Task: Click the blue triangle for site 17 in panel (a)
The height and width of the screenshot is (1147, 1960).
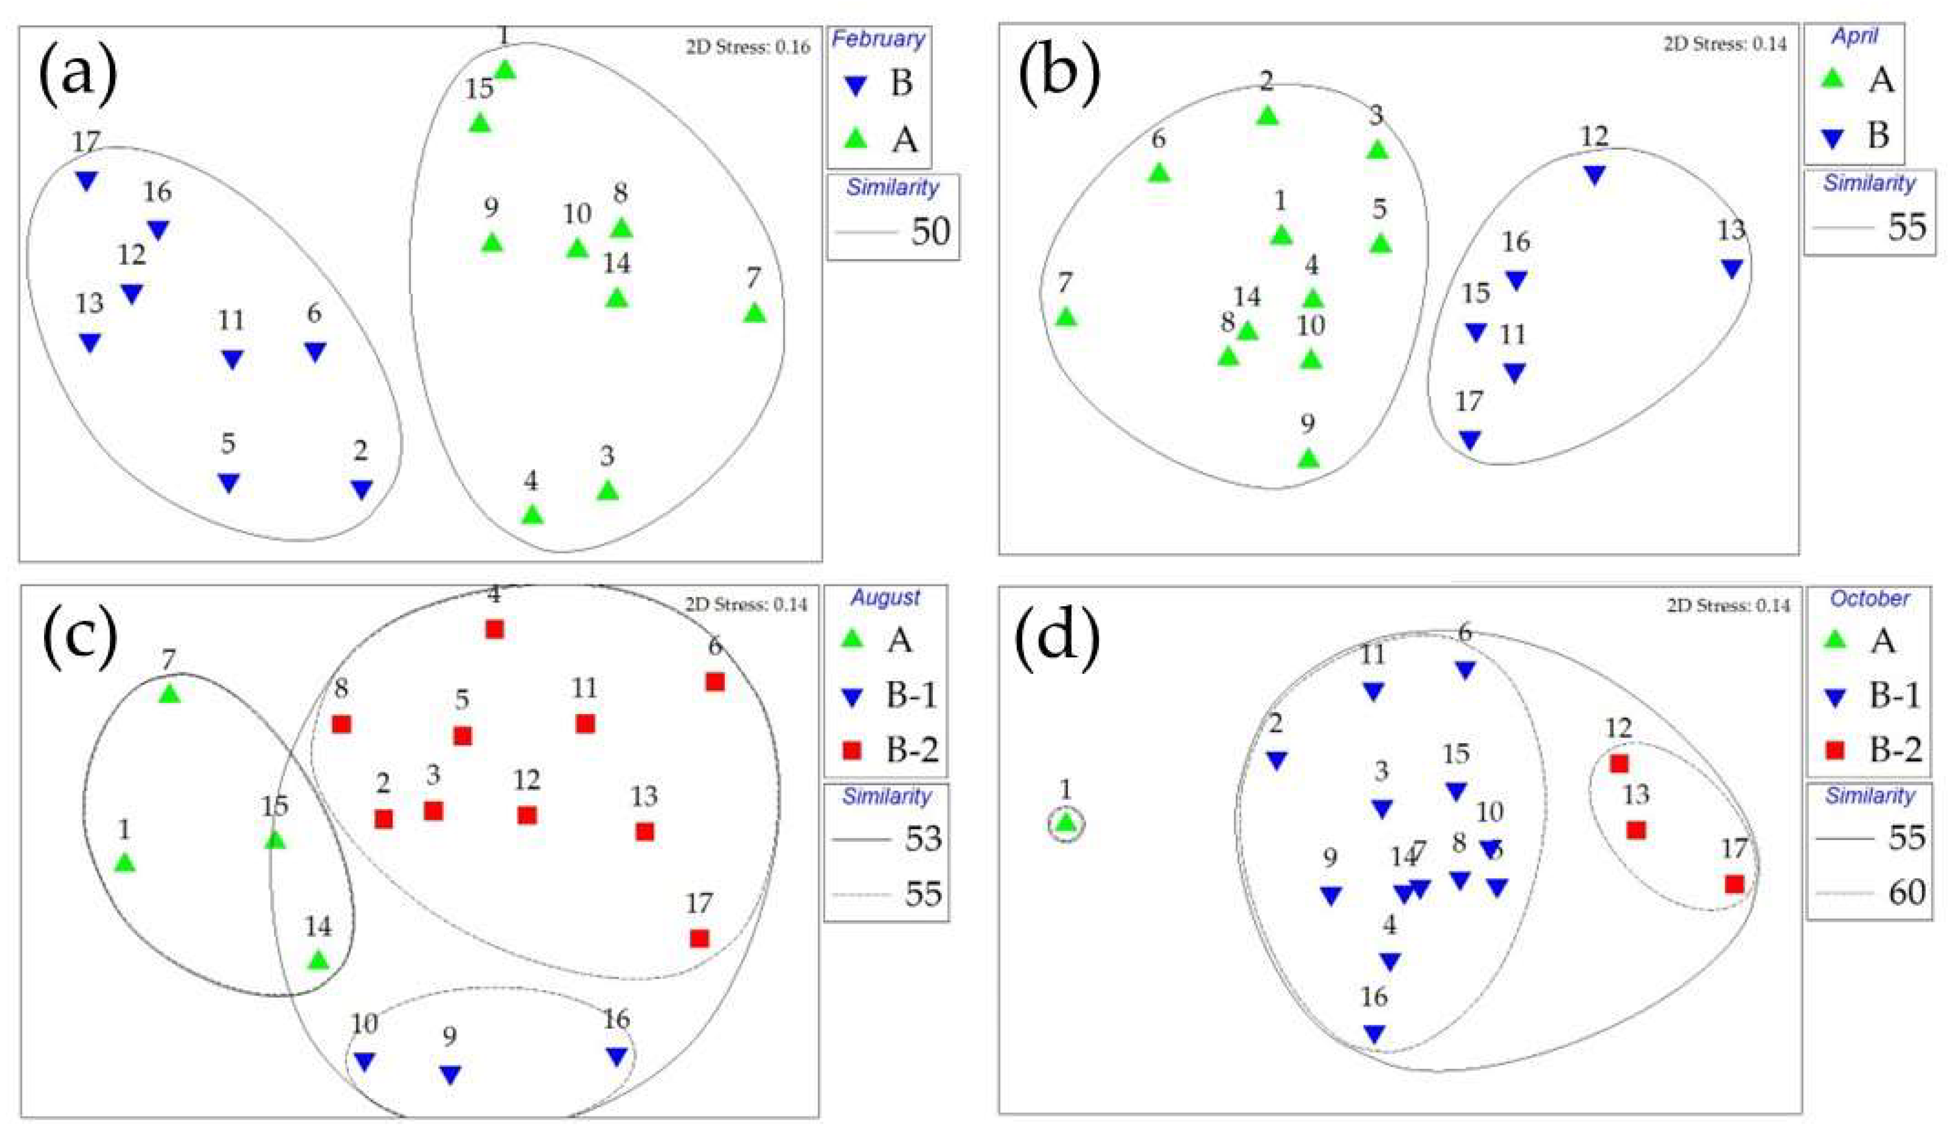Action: tap(86, 180)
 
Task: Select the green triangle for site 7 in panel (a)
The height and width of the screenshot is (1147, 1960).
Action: tap(754, 313)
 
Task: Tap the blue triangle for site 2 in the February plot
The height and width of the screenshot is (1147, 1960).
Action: tap(361, 489)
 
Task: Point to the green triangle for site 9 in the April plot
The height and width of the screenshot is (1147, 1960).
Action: tap(1308, 458)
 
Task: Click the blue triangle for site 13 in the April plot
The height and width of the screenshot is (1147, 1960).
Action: tap(1731, 269)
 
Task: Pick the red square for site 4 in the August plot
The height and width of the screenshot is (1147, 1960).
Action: tap(494, 629)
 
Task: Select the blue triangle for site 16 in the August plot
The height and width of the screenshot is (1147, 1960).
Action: tap(617, 1056)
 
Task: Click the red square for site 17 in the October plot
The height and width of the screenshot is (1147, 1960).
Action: tap(1734, 884)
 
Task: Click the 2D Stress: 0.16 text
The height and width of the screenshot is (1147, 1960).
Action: tap(747, 47)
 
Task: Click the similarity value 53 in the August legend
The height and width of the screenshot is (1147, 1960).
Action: tap(923, 839)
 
